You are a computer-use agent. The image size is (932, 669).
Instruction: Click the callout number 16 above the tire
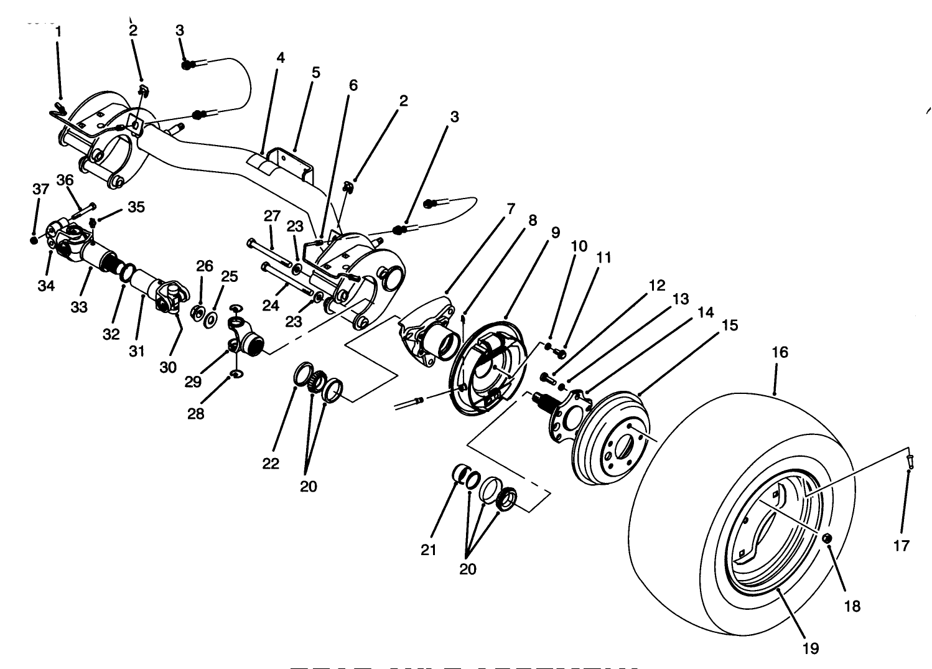click(780, 353)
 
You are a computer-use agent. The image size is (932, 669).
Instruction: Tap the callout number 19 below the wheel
click(810, 648)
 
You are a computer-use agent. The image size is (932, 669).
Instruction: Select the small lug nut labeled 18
click(828, 539)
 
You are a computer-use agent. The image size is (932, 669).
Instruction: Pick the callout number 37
click(40, 189)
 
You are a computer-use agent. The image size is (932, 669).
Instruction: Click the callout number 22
click(271, 464)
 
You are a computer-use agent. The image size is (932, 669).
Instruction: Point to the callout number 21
click(429, 550)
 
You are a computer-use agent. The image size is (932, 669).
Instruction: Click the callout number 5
click(316, 73)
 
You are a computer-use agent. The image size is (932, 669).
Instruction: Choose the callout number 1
click(58, 31)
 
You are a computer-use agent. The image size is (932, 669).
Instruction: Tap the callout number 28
click(195, 414)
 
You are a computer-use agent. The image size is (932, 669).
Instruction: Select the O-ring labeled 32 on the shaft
click(127, 273)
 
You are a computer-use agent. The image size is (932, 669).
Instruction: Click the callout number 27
click(272, 216)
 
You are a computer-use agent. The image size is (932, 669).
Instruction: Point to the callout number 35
click(136, 207)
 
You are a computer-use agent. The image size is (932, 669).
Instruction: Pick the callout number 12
click(657, 286)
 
